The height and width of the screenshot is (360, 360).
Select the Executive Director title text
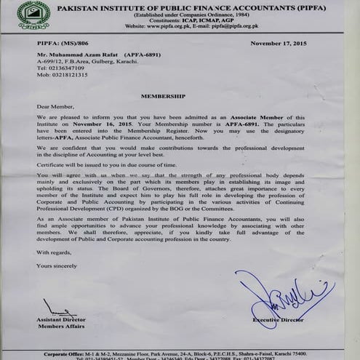point(279,319)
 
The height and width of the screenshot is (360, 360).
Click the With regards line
point(54,252)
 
